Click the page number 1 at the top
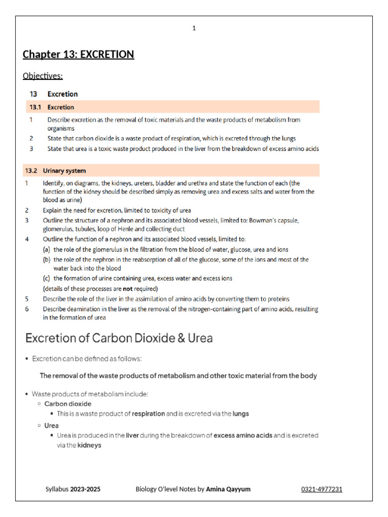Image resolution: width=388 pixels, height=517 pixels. (x=194, y=28)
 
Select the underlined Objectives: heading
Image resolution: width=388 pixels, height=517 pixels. (x=43, y=76)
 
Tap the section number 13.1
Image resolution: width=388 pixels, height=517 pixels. (x=35, y=107)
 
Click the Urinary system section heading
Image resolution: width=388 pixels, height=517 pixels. (x=64, y=171)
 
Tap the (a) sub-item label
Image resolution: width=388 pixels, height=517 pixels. (x=47, y=249)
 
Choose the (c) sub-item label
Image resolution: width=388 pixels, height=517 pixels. (x=47, y=278)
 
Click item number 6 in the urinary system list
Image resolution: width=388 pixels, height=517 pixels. (x=27, y=309)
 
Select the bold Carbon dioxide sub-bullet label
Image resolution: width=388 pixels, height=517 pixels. (x=68, y=404)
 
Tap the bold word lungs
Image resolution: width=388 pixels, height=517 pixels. (x=240, y=413)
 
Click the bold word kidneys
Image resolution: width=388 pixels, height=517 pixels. (x=89, y=445)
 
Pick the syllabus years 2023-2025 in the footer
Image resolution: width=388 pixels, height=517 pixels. (x=85, y=489)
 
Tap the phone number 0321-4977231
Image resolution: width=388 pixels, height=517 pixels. (x=322, y=489)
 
